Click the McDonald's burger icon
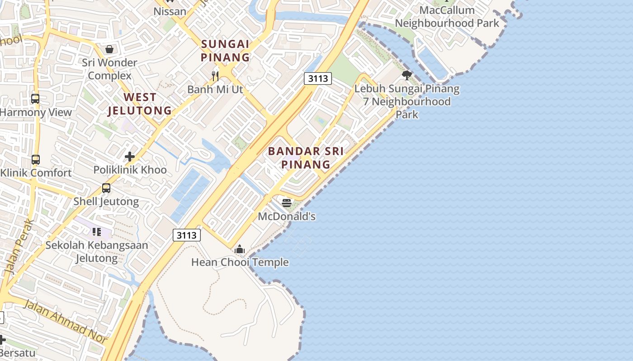pos(286,203)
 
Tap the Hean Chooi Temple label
pos(240,262)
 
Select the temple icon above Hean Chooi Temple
pos(240,249)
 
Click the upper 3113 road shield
pos(317,79)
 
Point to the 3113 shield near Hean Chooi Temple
pos(186,235)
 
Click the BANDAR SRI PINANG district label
pos(306,157)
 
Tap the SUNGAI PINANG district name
pos(225,51)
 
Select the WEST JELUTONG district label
pos(140,104)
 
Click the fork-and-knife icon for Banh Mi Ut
pos(215,76)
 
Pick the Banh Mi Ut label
pos(215,89)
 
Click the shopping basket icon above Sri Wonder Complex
pos(109,49)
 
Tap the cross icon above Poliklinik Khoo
pos(130,157)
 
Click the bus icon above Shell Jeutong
pos(106,188)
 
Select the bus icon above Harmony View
pos(35,98)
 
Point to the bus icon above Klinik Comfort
pos(36,159)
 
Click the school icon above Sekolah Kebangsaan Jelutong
pos(97,232)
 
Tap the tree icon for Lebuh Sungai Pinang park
pos(407,75)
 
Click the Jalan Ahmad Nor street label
pos(65,321)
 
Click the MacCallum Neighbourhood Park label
pos(447,17)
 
